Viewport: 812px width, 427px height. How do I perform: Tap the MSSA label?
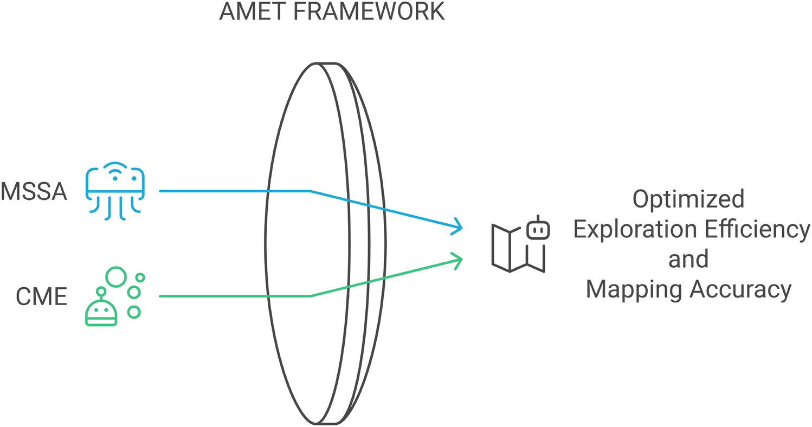pos(34,191)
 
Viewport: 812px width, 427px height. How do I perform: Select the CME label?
pos(41,296)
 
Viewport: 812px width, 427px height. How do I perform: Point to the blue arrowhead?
pos(457,227)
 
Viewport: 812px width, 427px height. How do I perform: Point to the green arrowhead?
pos(457,260)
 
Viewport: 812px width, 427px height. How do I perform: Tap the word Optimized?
pos(688,199)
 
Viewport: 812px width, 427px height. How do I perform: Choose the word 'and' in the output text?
pos(688,260)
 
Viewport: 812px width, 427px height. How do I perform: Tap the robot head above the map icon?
pos(538,229)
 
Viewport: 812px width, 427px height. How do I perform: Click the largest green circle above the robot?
pos(115,276)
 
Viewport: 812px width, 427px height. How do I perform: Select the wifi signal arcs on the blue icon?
pos(115,169)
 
